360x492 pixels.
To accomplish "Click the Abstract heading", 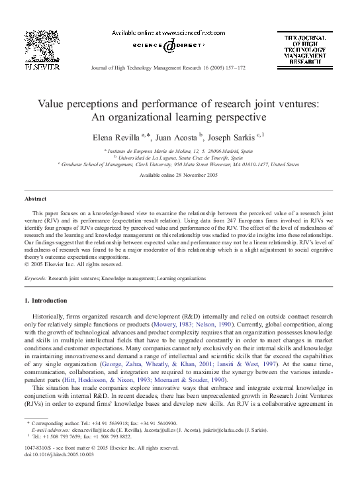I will point(35,199).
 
